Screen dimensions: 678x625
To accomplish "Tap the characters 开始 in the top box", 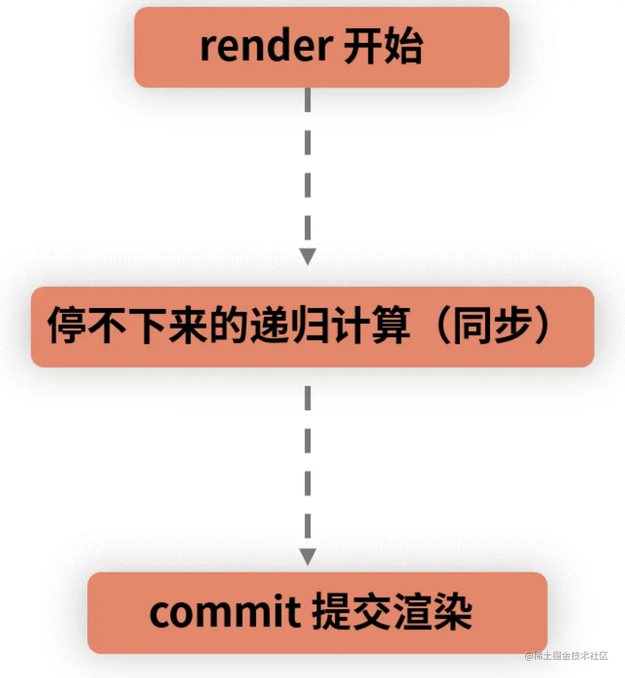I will click(x=383, y=47).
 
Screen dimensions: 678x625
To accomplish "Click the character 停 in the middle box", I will click(x=67, y=326).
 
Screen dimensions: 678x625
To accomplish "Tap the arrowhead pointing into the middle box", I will click(x=308, y=256).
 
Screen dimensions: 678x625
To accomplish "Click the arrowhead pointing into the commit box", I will click(x=308, y=556).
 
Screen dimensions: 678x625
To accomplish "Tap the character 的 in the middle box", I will click(x=229, y=326).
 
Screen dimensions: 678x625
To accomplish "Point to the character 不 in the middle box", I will click(x=107, y=326).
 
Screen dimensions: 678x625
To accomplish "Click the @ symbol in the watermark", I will click(x=529, y=656).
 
